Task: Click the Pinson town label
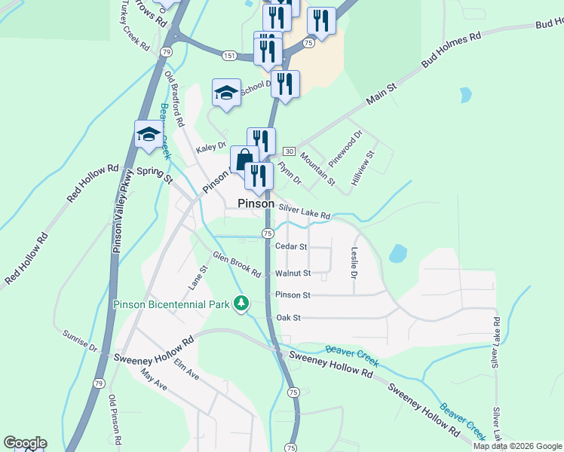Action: (x=256, y=203)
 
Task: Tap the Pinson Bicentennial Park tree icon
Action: (x=241, y=304)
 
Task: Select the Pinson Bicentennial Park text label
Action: (x=170, y=304)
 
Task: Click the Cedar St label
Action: (x=292, y=246)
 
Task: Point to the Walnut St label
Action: (x=293, y=273)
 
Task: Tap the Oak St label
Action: (x=289, y=318)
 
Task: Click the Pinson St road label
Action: (x=293, y=295)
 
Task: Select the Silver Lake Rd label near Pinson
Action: (x=305, y=212)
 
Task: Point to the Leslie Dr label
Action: (x=354, y=263)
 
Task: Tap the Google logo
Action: (x=25, y=443)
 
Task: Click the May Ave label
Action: (x=153, y=380)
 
